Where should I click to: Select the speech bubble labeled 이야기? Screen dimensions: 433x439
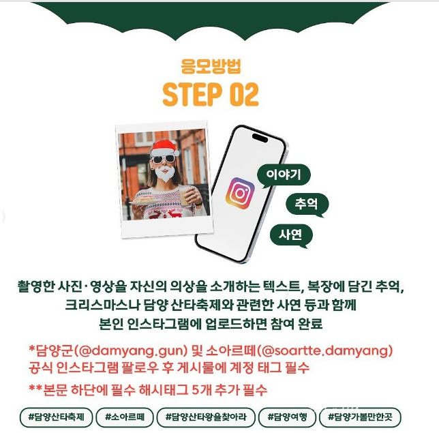coord(284,174)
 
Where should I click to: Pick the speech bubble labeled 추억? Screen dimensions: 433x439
coord(307,204)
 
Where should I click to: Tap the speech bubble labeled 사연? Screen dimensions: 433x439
coord(291,235)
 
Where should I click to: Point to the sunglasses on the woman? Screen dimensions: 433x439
coord(163,159)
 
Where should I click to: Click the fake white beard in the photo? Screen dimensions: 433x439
coord(164,174)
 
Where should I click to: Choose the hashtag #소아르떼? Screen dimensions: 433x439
coord(124,415)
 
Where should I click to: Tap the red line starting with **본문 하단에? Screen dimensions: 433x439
coord(147,391)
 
